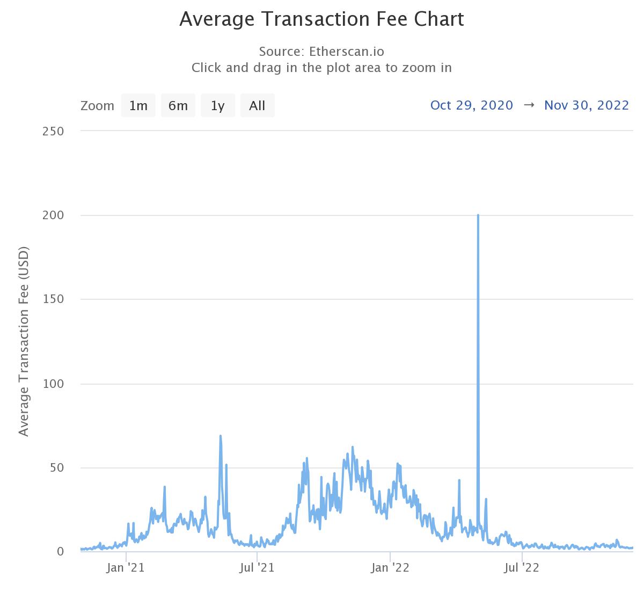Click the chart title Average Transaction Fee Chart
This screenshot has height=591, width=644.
click(321, 19)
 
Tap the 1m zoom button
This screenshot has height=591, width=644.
click(138, 105)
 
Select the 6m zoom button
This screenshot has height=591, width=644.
click(178, 105)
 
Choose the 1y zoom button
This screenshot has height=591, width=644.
click(217, 105)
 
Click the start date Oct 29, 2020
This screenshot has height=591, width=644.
click(472, 105)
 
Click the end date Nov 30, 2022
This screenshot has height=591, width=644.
click(586, 105)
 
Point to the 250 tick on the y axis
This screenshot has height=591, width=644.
click(53, 131)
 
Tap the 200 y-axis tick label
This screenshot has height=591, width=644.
click(53, 215)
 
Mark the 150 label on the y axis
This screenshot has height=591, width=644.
click(53, 299)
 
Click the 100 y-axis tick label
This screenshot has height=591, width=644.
click(53, 384)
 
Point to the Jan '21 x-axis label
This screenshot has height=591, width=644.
click(126, 567)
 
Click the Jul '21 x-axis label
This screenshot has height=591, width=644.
click(258, 567)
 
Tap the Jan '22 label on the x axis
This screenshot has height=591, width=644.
click(390, 567)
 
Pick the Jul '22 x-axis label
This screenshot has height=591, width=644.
click(522, 567)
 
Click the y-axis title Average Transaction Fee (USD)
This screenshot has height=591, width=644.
click(24, 342)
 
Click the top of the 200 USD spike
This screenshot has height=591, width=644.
click(478, 215)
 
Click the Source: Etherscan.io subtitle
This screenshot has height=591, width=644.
click(321, 52)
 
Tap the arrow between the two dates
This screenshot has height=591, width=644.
click(529, 105)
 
